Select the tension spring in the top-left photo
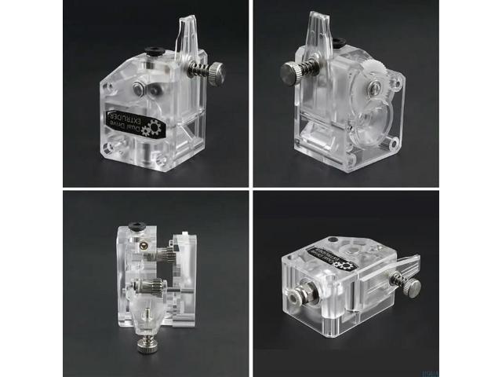tap(199, 76)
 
